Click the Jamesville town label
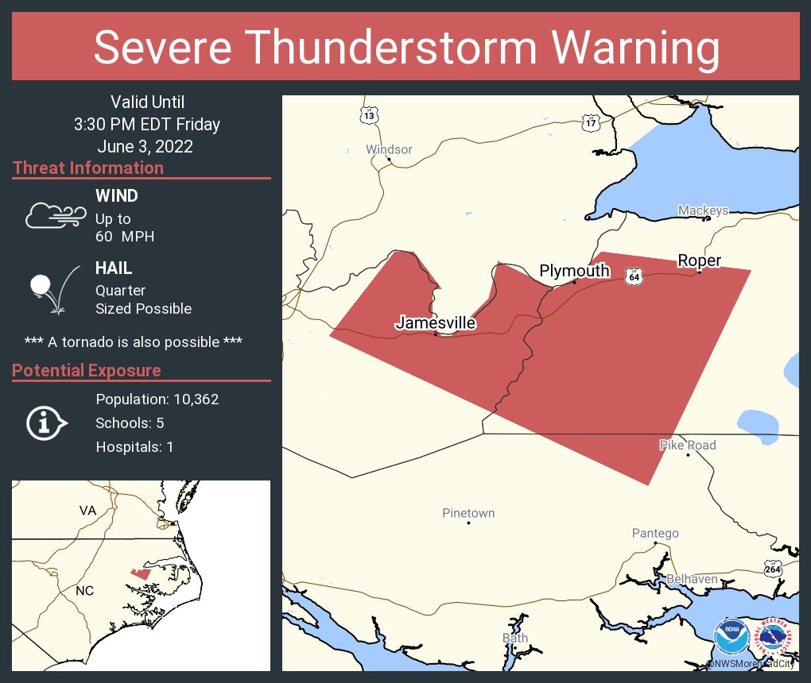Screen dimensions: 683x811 (435, 323)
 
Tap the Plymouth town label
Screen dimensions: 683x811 (574, 271)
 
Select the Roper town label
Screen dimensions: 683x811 (699, 260)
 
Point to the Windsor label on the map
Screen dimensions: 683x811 (389, 149)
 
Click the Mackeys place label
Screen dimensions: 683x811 (703, 210)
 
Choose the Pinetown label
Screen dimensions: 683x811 (468, 513)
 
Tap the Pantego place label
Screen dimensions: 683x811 (655, 533)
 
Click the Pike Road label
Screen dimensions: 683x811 (688, 446)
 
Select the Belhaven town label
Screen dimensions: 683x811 (692, 579)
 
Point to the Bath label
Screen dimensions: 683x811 (514, 638)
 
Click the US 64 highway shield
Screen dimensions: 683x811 (633, 276)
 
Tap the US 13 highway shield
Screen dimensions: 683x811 (369, 115)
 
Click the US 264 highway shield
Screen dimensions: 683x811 (773, 569)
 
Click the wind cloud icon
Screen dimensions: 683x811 (55, 215)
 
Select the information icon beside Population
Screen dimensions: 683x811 (46, 423)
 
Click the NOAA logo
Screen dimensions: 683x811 (731, 635)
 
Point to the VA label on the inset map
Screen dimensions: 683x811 (87, 510)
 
